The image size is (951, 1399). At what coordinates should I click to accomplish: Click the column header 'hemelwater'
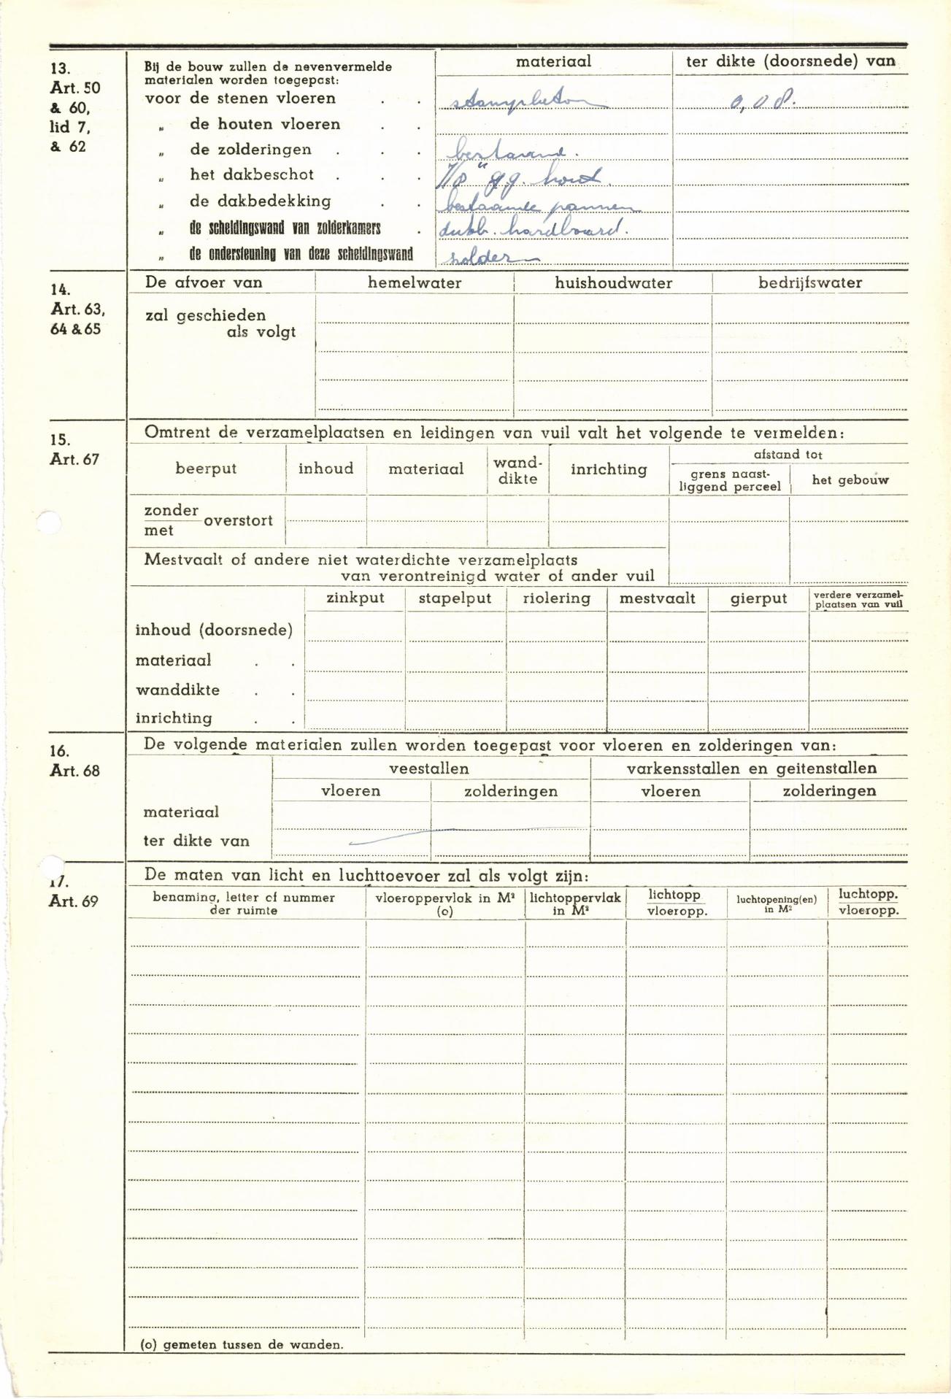[x=415, y=283]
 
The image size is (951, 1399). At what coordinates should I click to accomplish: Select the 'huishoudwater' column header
[x=613, y=283]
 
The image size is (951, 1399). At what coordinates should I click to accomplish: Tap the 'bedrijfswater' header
[x=810, y=283]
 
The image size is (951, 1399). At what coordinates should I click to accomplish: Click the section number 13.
[x=60, y=69]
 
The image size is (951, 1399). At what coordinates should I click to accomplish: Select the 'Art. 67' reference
[x=74, y=460]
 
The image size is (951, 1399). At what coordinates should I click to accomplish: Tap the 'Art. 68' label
[x=74, y=771]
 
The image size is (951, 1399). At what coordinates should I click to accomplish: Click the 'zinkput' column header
[x=355, y=598]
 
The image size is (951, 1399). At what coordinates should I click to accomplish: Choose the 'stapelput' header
[x=455, y=598]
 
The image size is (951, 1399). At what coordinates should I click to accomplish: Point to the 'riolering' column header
[x=556, y=598]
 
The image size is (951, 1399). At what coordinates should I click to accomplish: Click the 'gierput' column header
[x=758, y=599]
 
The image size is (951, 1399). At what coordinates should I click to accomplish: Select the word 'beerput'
[x=206, y=469]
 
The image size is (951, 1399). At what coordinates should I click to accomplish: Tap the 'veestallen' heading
[x=429, y=768]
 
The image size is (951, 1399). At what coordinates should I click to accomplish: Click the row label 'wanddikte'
[x=177, y=690]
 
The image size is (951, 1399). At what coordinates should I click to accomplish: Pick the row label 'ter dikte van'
[x=196, y=841]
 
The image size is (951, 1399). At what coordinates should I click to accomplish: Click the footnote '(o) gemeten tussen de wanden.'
[x=242, y=1344]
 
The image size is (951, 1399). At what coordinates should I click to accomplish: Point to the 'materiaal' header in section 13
[x=553, y=62]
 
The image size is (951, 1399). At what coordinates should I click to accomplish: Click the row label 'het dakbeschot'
[x=252, y=174]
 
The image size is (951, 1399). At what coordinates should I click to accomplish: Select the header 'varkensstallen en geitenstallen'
[x=751, y=768]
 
